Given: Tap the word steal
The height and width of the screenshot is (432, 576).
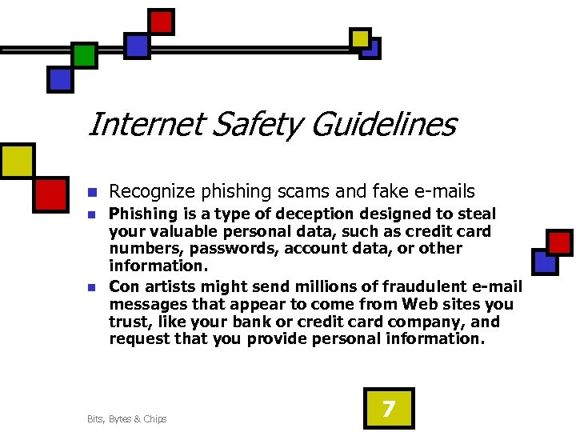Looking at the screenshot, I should pyautogui.click(x=477, y=214).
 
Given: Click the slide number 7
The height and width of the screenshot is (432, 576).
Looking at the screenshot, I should pyautogui.click(x=388, y=409).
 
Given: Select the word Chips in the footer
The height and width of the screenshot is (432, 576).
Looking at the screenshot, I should pyautogui.click(x=155, y=419).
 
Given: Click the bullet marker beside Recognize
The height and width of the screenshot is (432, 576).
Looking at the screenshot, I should pyautogui.click(x=92, y=193).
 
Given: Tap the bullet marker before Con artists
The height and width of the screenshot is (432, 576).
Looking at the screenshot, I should pyautogui.click(x=92, y=287).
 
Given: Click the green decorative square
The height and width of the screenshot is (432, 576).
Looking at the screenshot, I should pyautogui.click(x=85, y=55).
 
